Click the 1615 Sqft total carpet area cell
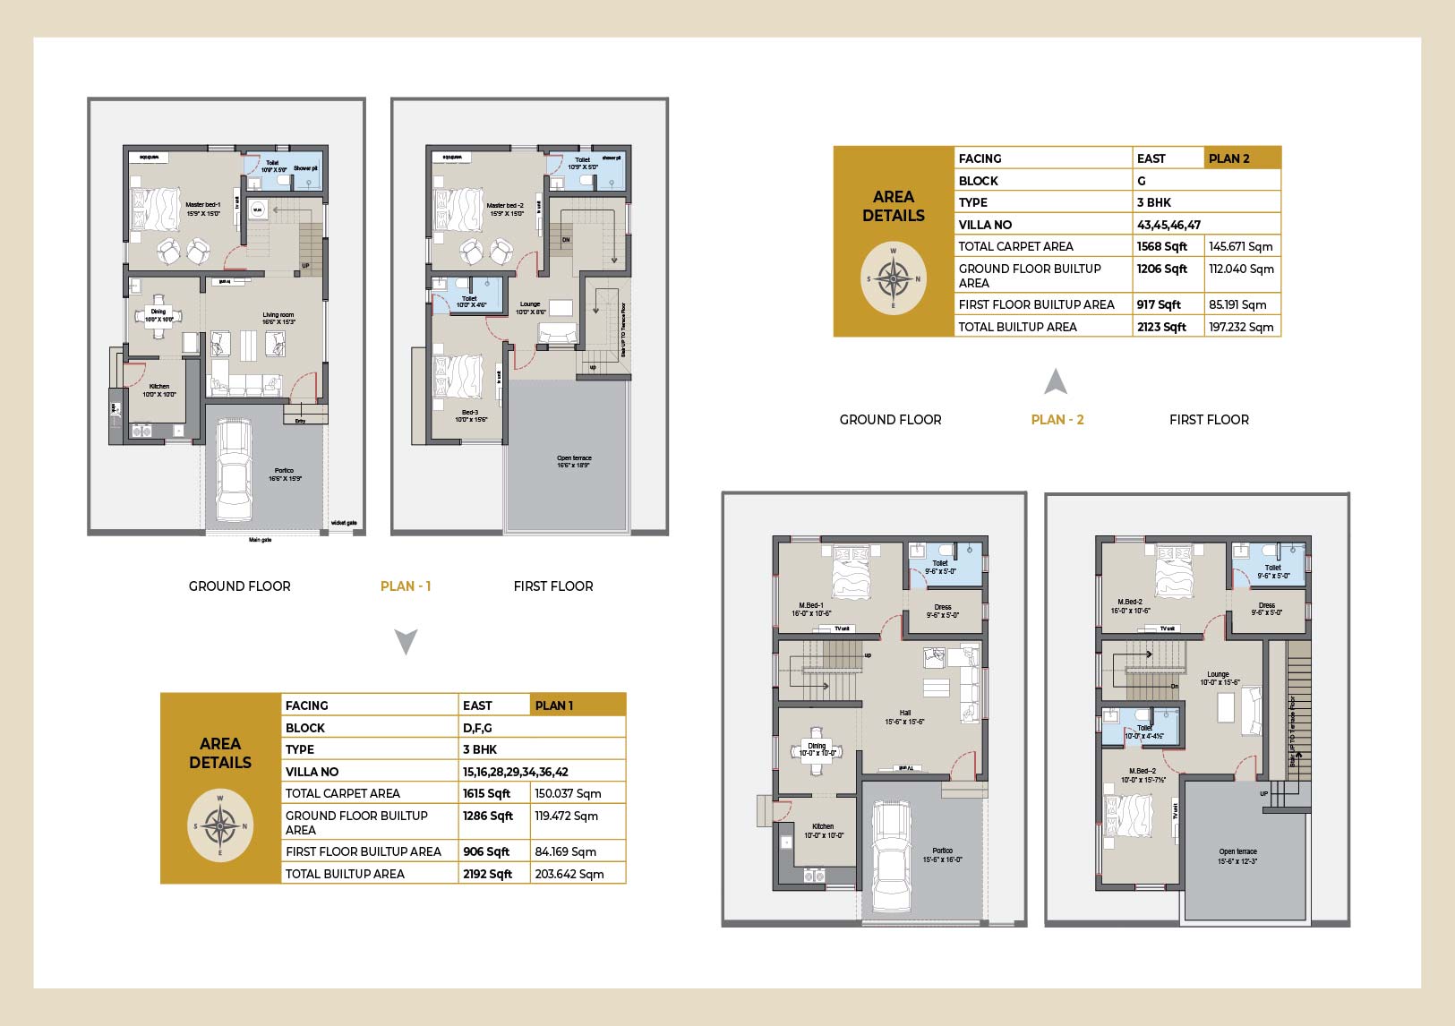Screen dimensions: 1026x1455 point(486,793)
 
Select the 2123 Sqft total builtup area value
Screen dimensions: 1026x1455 point(1161,327)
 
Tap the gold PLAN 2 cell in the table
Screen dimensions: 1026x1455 point(1243,158)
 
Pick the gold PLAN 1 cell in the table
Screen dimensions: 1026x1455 point(578,705)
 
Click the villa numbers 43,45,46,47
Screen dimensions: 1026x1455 point(1168,225)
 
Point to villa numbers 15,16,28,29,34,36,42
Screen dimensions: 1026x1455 point(515,772)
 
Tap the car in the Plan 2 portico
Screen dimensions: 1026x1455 point(892,855)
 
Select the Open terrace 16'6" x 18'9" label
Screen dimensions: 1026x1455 point(574,462)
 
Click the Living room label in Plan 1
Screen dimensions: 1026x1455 point(278,318)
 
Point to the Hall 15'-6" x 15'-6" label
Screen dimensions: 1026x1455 point(904,717)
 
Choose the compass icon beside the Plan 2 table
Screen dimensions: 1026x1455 point(893,278)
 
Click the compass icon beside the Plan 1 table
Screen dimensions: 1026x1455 point(220,825)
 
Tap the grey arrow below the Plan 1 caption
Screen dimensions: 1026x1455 point(406,642)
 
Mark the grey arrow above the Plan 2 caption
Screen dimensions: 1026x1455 point(1056,382)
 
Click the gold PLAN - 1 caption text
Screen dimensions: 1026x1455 point(406,586)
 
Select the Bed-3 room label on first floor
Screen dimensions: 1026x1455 point(470,416)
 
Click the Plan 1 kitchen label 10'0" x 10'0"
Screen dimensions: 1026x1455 point(159,390)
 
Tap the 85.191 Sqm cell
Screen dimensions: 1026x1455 point(1237,304)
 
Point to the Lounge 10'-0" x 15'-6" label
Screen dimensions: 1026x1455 point(1218,679)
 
